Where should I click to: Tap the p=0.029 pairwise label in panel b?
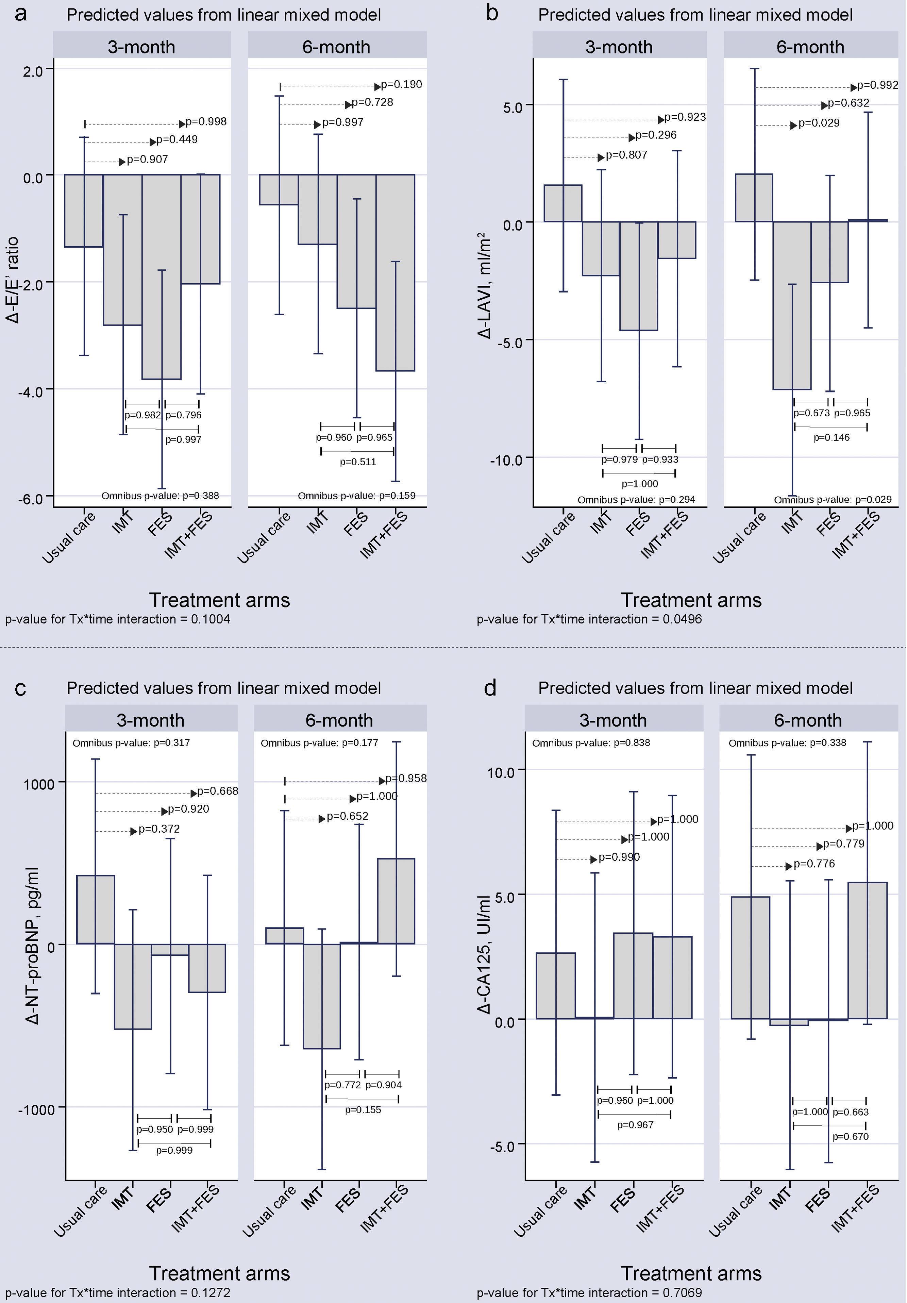click(819, 123)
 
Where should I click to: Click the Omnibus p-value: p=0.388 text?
click(160, 496)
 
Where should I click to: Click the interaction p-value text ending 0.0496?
click(589, 619)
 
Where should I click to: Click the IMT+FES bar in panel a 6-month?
click(396, 272)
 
